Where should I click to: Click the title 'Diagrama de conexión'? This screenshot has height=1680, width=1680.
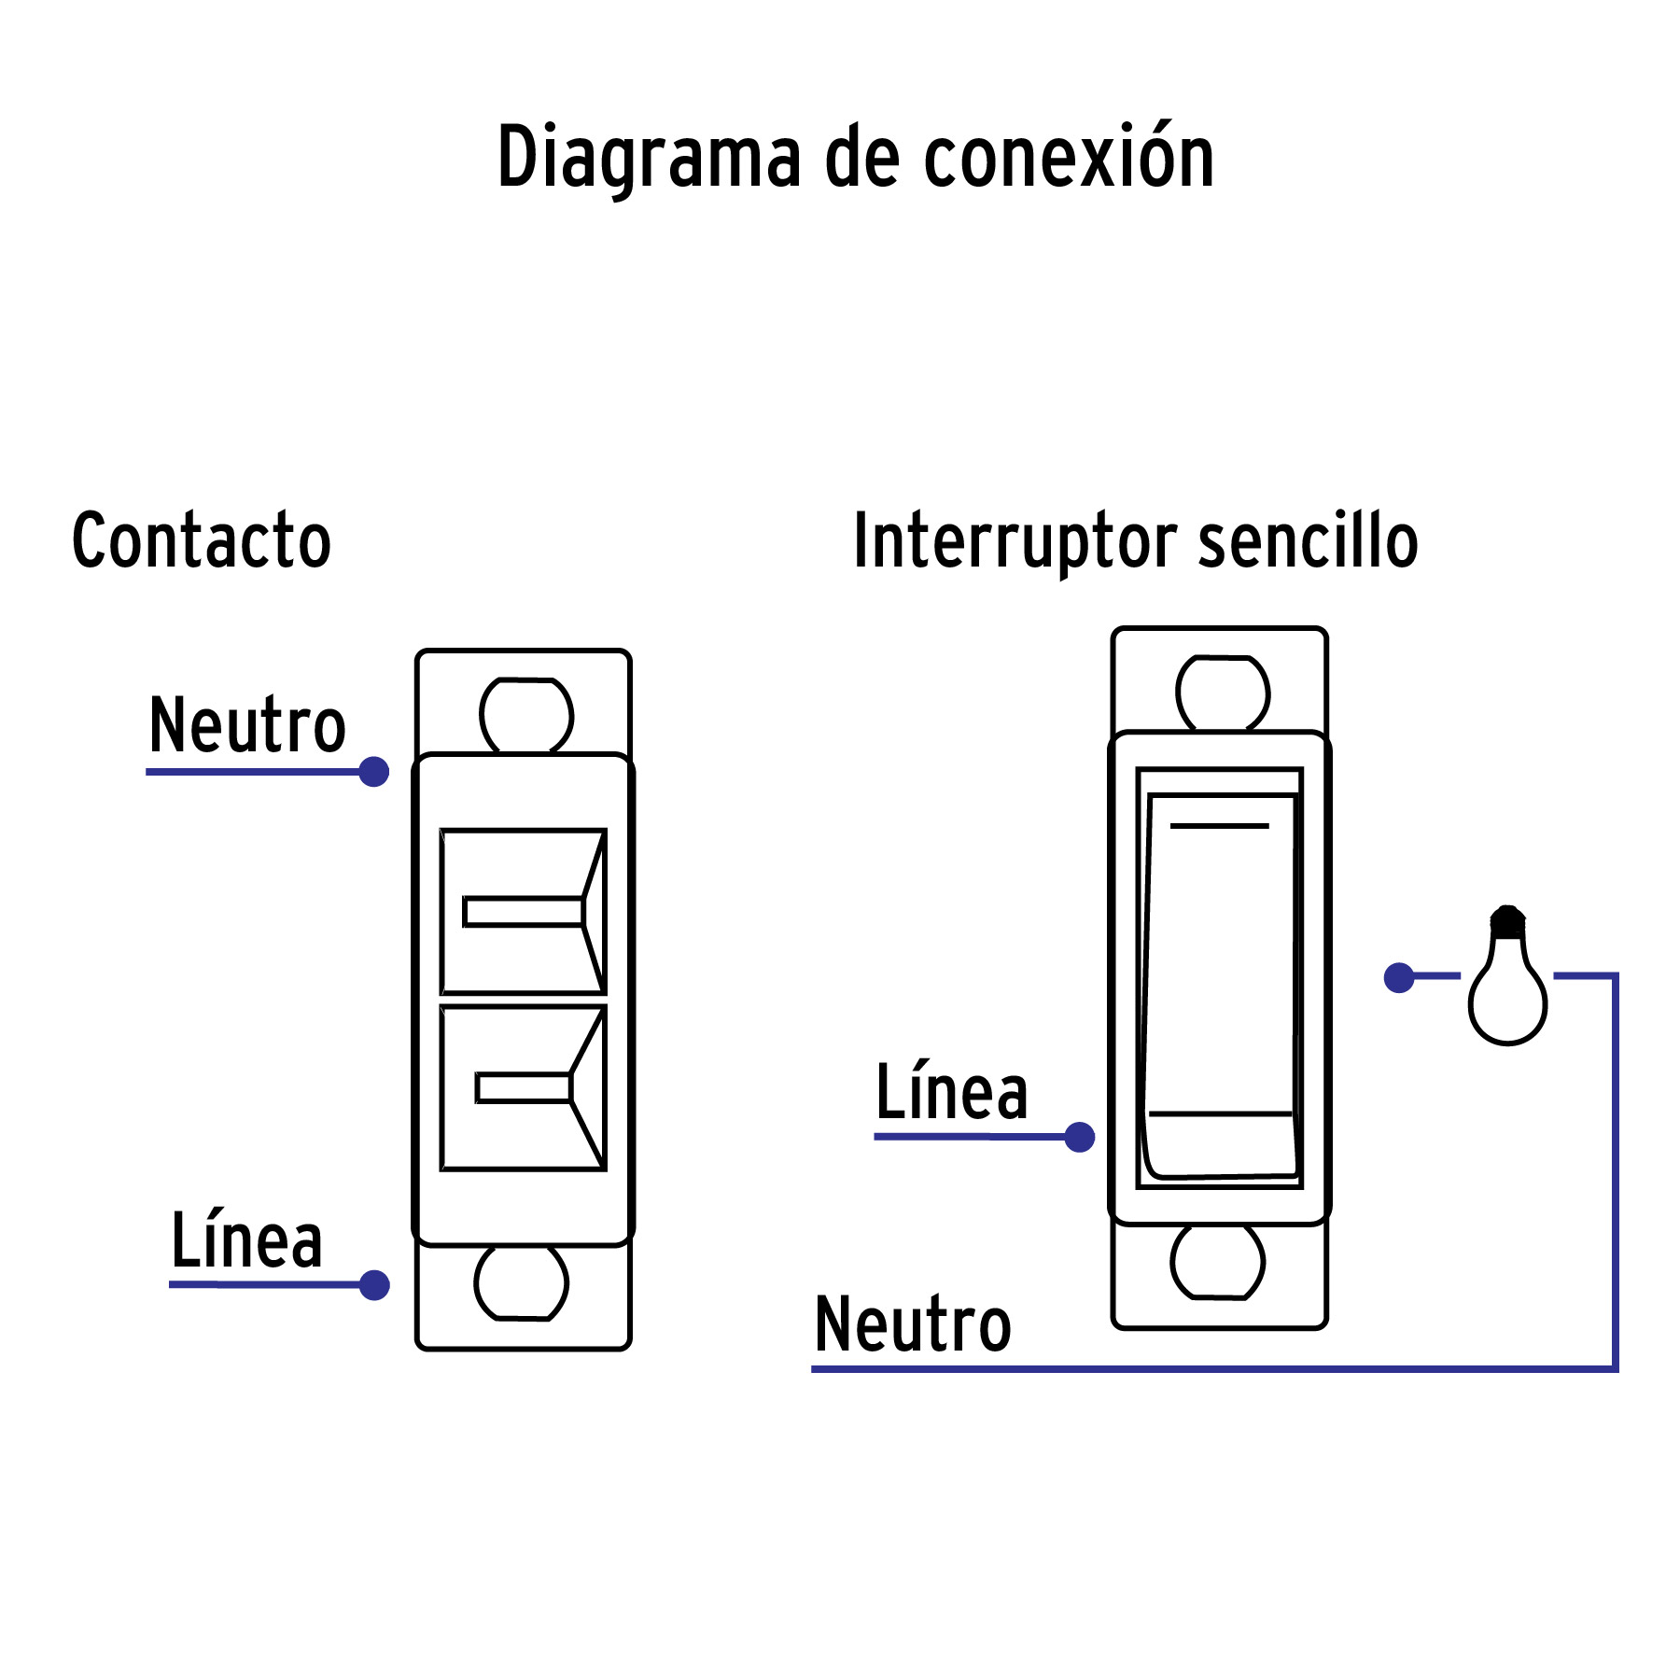click(x=855, y=157)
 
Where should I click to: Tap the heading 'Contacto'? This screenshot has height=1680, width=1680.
click(x=202, y=540)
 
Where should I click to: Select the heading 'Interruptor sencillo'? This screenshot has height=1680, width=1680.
click(x=1135, y=540)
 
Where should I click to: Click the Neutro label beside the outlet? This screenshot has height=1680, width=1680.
click(x=247, y=725)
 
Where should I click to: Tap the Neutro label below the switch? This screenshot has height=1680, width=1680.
click(x=913, y=1324)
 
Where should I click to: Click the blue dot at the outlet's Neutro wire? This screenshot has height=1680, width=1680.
click(x=374, y=772)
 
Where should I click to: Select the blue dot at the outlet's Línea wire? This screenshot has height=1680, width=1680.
click(x=374, y=1285)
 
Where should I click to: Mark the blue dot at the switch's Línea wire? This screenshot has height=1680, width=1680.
click(x=1080, y=1137)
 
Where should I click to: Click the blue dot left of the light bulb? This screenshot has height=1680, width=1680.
click(x=1398, y=977)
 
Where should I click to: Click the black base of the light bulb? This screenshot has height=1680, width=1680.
click(x=1507, y=921)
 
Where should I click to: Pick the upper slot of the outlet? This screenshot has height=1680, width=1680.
click(x=524, y=911)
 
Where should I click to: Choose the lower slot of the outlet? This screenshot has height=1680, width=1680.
click(x=524, y=1088)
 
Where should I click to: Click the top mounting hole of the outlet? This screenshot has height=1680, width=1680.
click(x=526, y=716)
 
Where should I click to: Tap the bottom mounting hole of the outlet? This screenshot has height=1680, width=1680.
click(x=521, y=1281)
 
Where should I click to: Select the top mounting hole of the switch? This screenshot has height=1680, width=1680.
click(x=1223, y=693)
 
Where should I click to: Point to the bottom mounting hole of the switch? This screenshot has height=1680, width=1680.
click(x=1217, y=1262)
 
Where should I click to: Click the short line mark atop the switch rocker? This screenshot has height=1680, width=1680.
click(x=1219, y=826)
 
